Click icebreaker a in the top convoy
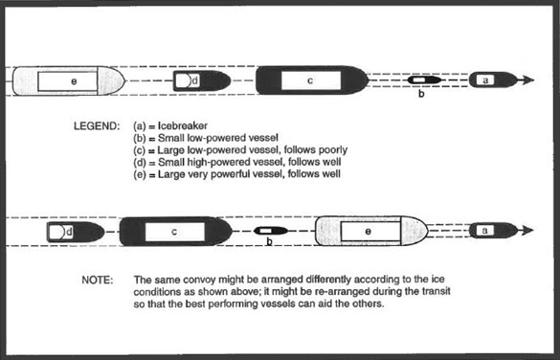(490, 81)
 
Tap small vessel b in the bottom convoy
(270, 231)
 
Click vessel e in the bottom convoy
(370, 231)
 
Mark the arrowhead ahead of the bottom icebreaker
(525, 231)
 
